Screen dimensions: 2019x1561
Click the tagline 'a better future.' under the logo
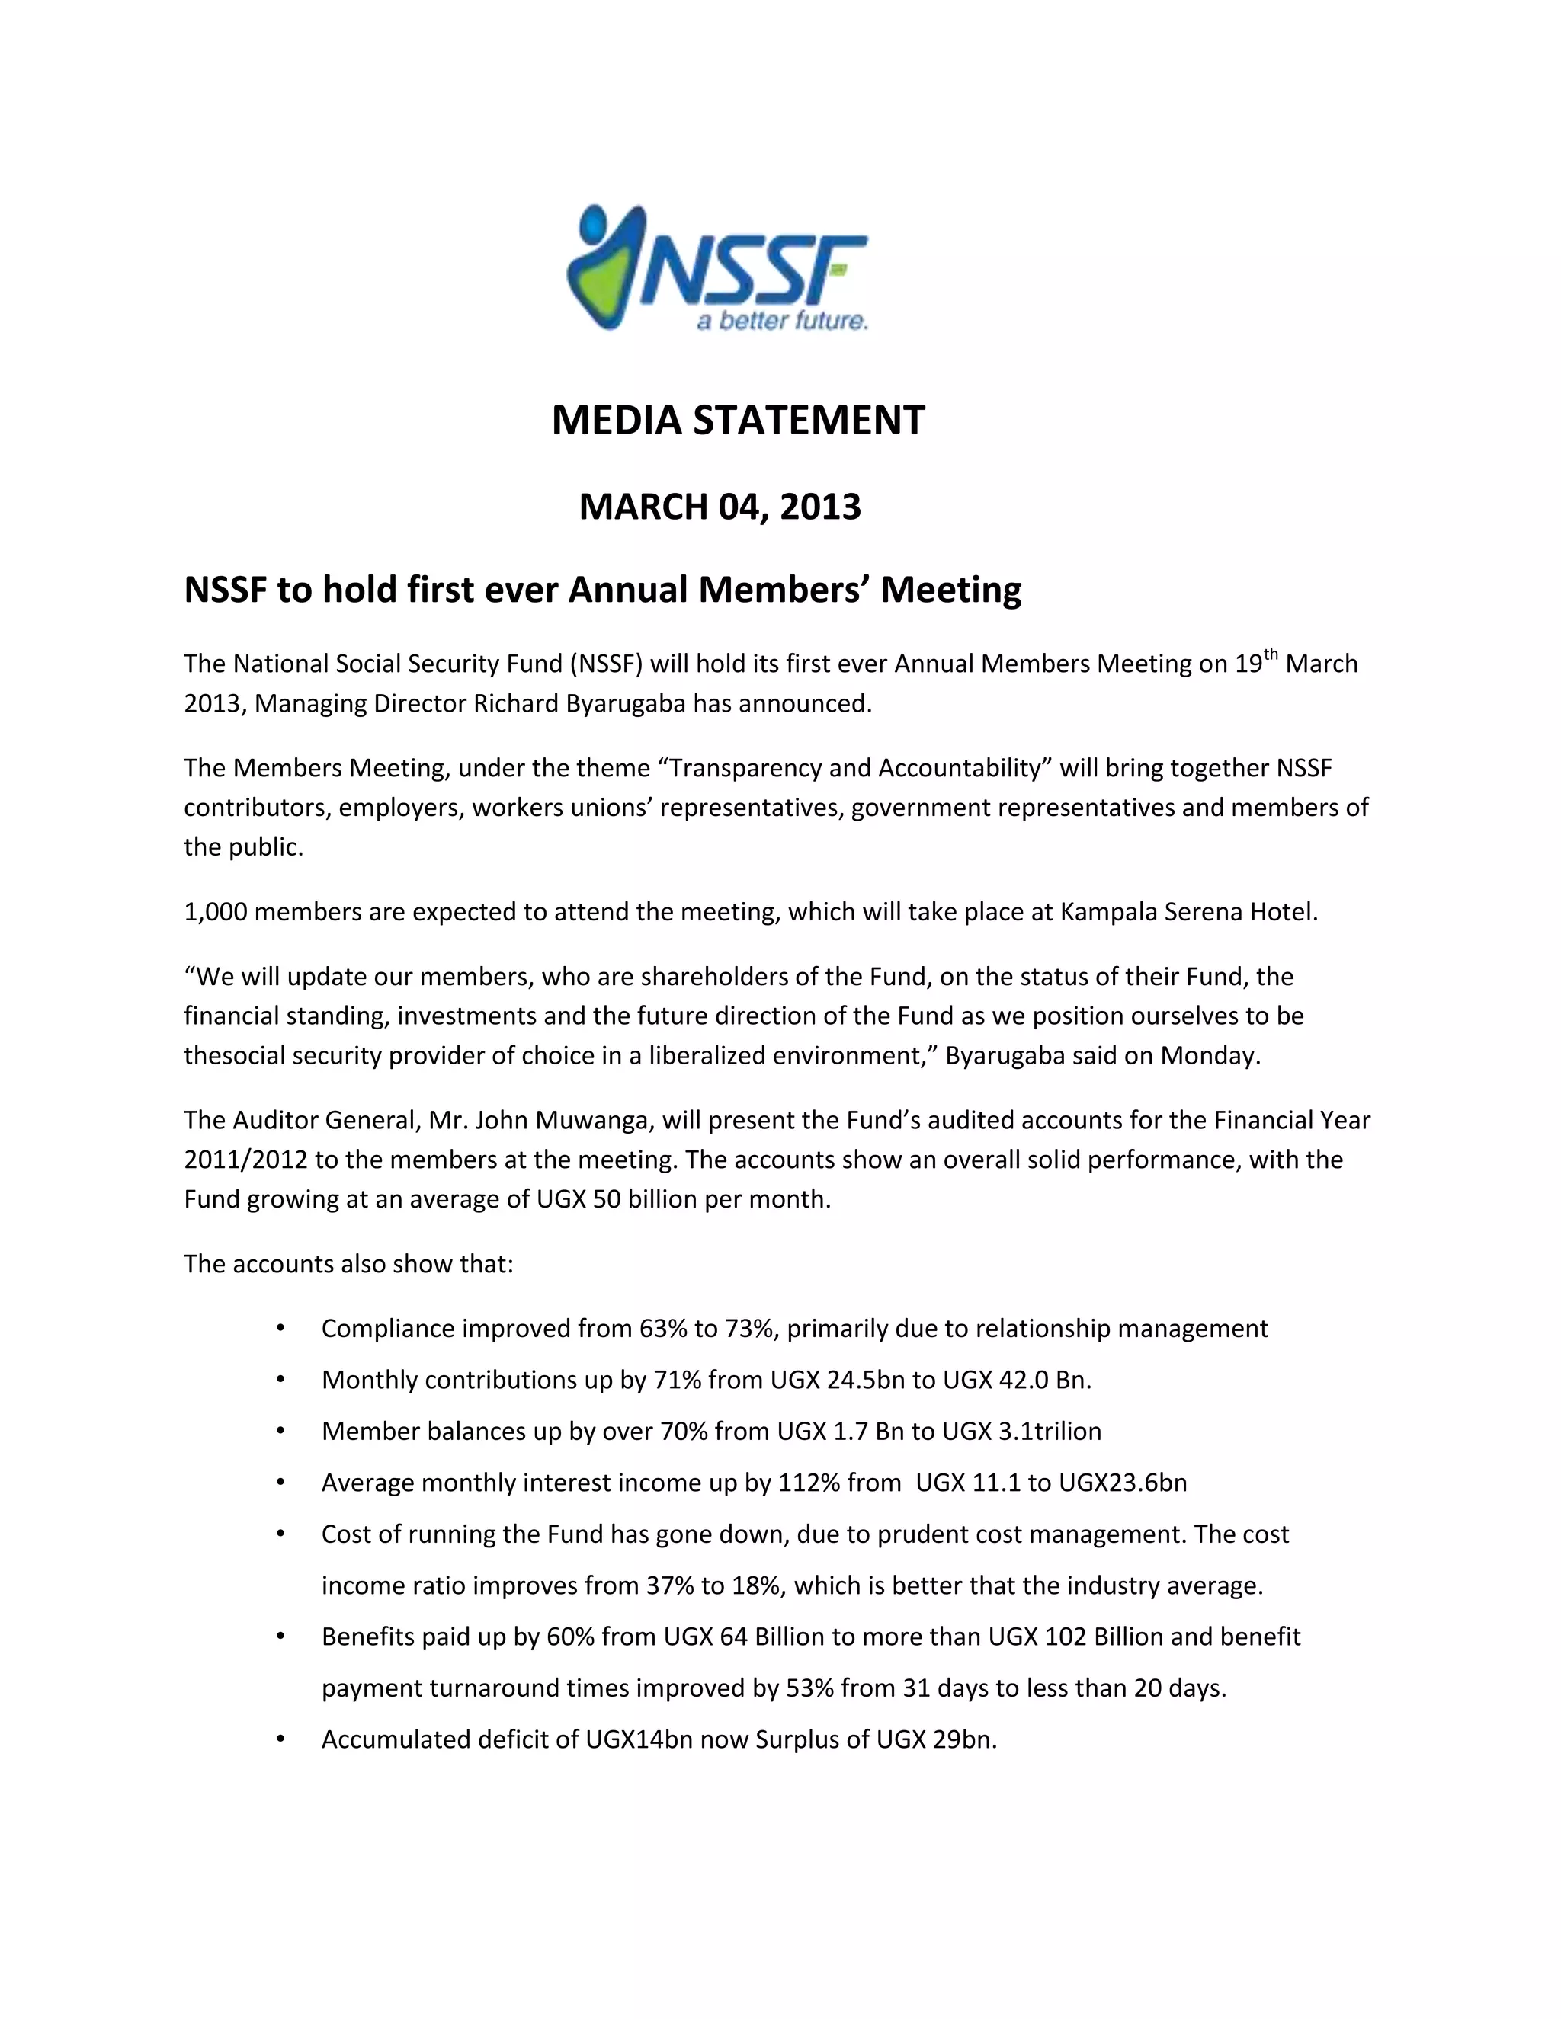781,321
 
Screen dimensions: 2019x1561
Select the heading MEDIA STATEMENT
737,421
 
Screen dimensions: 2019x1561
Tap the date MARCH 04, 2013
720,507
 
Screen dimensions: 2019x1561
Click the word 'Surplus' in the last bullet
799,1740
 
